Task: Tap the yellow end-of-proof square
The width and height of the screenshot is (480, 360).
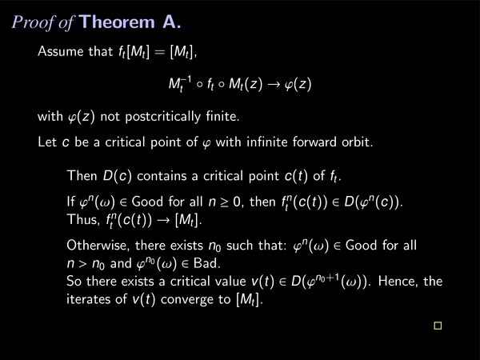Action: pos(438,326)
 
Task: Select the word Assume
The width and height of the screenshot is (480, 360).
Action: pos(60,51)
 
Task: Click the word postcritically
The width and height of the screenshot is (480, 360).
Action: pos(162,117)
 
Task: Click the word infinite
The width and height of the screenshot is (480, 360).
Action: pos(267,142)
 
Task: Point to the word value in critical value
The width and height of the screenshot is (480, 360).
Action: pos(230,281)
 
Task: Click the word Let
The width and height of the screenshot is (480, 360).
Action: pos(47,142)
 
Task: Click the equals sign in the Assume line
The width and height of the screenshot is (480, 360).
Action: pos(160,51)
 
